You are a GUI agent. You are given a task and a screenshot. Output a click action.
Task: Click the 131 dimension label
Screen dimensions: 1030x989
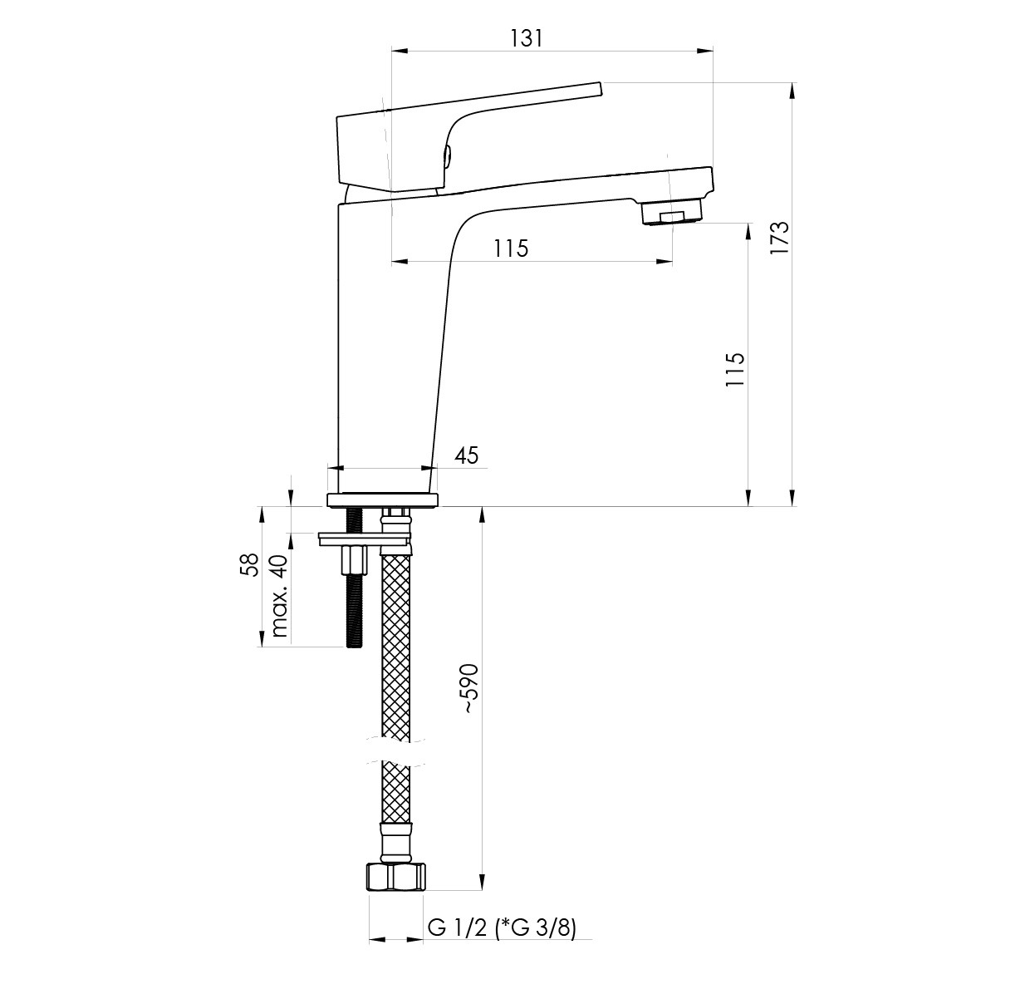527,38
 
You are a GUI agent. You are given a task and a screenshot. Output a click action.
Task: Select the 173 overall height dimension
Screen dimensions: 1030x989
778,237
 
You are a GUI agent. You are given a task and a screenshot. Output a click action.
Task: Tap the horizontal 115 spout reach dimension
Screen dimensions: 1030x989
512,248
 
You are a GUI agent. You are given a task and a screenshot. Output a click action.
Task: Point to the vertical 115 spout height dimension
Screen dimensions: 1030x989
734,369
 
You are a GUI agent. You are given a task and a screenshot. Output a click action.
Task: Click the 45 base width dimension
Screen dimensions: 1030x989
467,455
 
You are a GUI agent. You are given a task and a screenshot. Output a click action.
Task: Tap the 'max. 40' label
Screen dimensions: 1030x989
278,596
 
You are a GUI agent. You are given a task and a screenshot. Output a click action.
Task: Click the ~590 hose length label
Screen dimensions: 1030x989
470,689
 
